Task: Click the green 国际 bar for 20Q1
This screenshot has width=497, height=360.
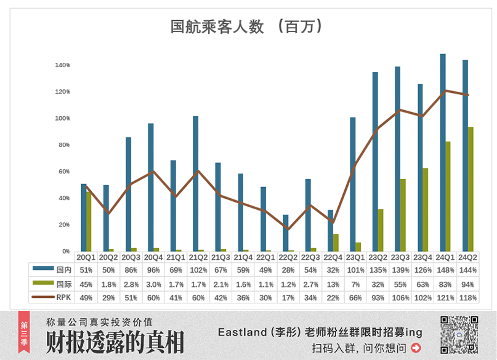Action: [89, 222]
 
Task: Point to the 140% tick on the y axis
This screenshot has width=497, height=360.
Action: [62, 65]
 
